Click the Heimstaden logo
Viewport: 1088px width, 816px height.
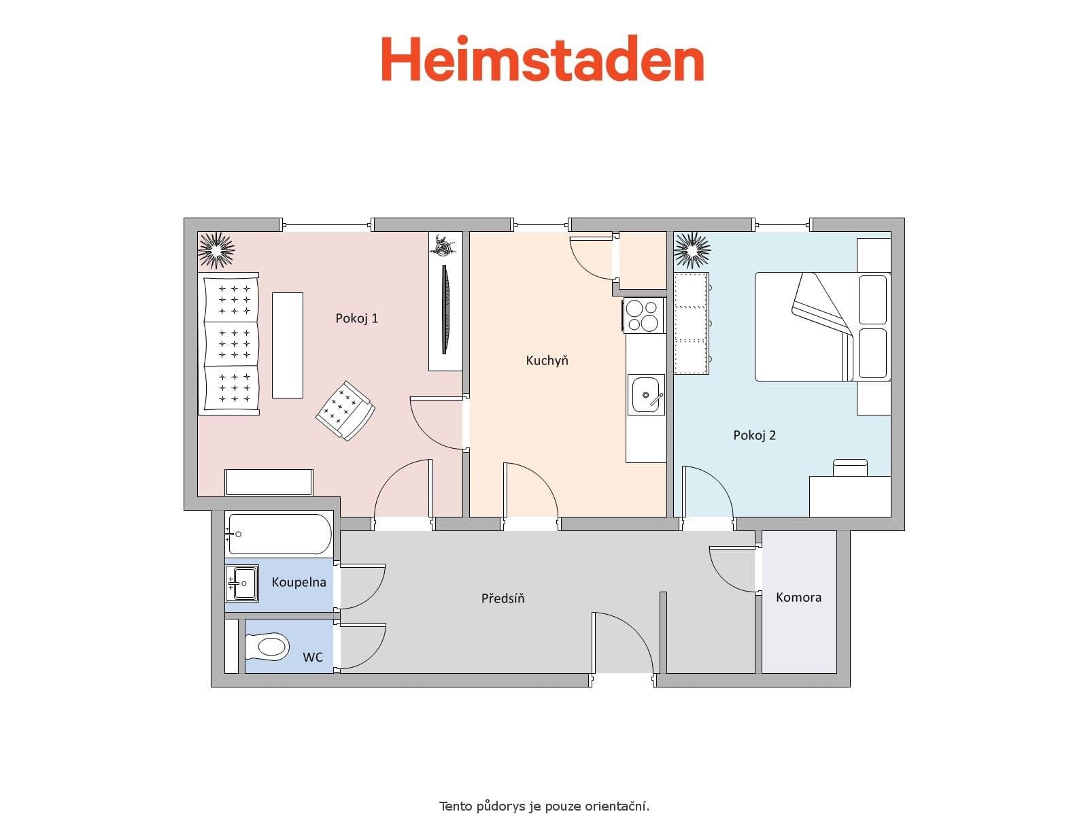pos(542,60)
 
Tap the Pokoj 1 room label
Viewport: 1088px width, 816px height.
pos(356,318)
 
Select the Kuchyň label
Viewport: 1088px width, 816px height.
pos(547,360)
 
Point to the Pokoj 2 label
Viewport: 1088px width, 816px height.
pos(754,435)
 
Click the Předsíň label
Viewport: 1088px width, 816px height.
pos(503,598)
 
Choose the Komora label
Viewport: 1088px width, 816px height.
pos(798,597)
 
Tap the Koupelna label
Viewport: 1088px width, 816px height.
pos(299,582)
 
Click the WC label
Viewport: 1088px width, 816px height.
pos(313,657)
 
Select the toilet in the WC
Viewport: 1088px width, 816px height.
pos(269,646)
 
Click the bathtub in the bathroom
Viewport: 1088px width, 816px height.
pos(279,534)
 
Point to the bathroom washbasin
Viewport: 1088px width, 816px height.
pos(243,583)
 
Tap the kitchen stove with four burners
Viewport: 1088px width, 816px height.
pos(644,316)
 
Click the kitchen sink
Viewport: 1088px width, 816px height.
pos(646,394)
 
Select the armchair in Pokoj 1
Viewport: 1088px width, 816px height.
pos(345,410)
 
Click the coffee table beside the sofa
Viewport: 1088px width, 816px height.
pos(288,345)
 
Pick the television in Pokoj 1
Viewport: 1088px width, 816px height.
pos(445,309)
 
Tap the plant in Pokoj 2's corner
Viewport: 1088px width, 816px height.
pos(692,250)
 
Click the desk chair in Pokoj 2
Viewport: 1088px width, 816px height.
pos(850,467)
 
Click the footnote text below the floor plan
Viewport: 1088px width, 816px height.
pos(544,806)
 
